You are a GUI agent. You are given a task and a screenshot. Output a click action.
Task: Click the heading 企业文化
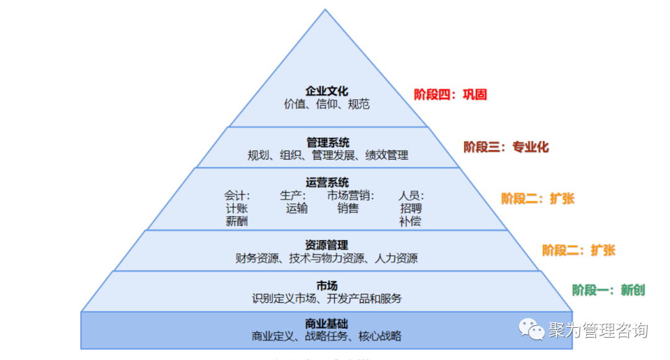[x=326, y=91]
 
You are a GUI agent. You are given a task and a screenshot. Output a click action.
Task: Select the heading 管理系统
[x=328, y=143]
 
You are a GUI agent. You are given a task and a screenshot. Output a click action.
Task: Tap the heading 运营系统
[x=327, y=182]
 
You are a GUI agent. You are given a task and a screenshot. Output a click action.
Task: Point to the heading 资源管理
[x=326, y=245]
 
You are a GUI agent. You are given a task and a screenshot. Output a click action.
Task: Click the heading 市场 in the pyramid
[x=326, y=286]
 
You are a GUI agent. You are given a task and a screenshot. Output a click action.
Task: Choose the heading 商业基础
[x=326, y=323]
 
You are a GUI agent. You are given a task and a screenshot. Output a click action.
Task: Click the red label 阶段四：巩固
[x=450, y=94]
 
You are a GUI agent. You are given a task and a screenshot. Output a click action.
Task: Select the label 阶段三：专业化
[x=506, y=147]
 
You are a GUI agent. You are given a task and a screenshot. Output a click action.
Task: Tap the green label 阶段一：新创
[x=609, y=289]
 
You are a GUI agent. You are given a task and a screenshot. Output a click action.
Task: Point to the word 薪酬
[x=236, y=221]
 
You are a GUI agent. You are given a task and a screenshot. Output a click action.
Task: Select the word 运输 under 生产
[x=297, y=209]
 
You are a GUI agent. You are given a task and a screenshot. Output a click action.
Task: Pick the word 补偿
[x=410, y=221]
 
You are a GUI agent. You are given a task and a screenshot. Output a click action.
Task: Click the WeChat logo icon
[x=532, y=329]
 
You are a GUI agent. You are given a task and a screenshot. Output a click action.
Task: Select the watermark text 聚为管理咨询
[x=597, y=330]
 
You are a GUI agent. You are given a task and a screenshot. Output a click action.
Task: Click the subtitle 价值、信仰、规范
[x=326, y=104]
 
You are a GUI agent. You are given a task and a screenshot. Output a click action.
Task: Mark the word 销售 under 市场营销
[x=347, y=209]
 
